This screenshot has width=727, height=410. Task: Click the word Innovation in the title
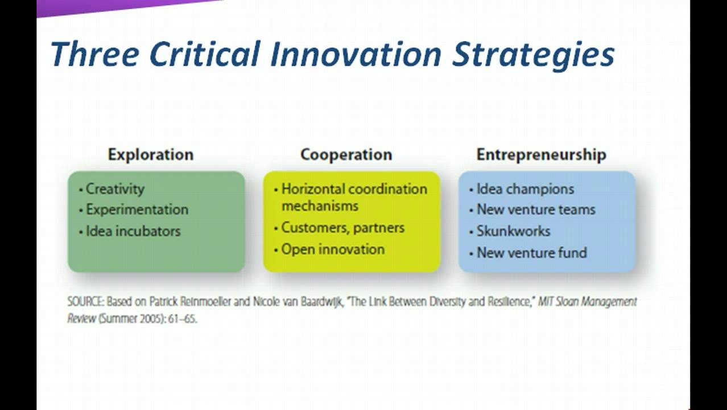click(352, 55)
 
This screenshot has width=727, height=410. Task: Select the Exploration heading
click(151, 154)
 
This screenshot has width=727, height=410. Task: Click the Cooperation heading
click(346, 154)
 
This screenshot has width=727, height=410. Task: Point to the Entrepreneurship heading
click(541, 154)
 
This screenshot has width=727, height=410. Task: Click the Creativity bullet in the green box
click(115, 188)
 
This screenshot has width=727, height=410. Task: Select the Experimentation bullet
click(137, 210)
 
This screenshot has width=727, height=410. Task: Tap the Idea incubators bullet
click(133, 231)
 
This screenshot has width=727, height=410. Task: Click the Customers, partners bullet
click(343, 228)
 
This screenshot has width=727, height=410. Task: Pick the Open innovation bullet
click(333, 249)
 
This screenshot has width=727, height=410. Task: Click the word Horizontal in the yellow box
click(312, 188)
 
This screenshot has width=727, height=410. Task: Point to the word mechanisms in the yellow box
click(320, 206)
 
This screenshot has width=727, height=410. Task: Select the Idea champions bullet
click(525, 188)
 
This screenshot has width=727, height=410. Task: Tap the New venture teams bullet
click(536, 210)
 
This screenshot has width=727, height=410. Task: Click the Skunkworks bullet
click(513, 231)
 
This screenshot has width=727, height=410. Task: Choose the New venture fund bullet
click(531, 253)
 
